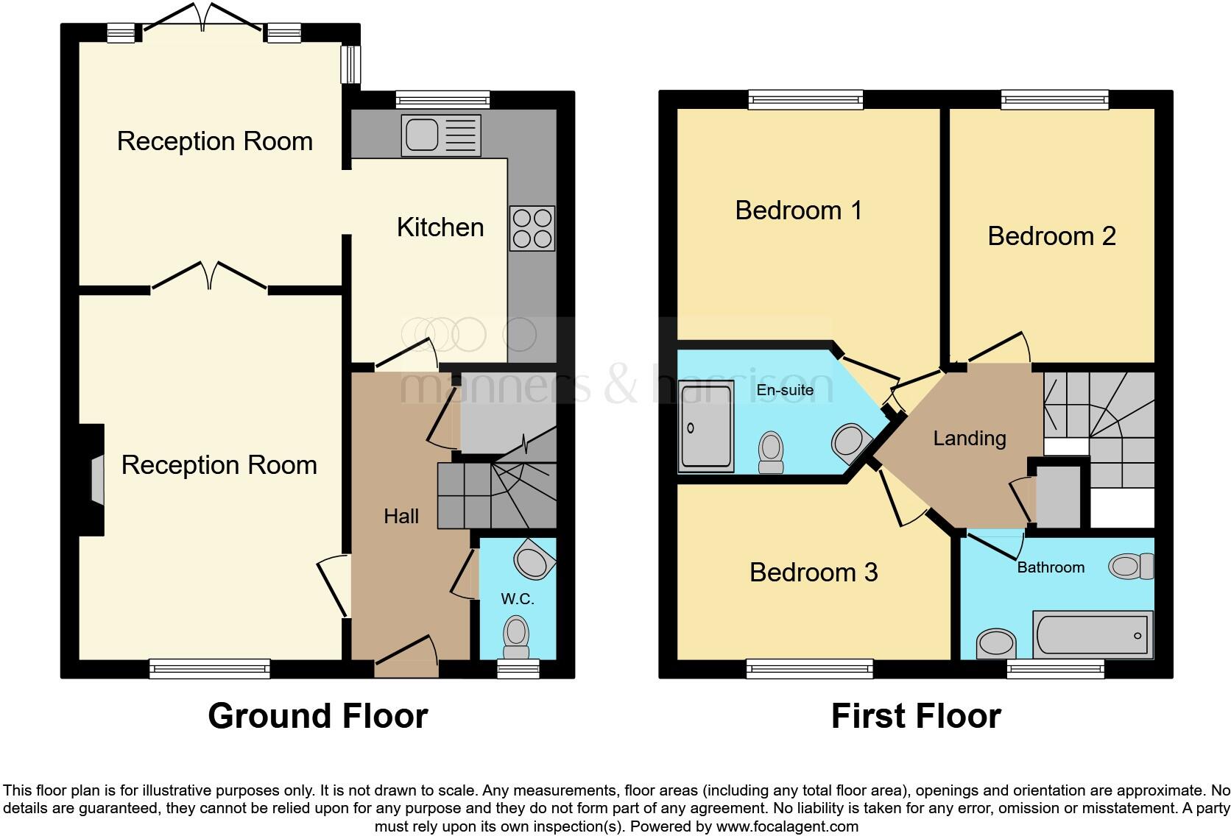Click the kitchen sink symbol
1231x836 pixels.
[440, 135]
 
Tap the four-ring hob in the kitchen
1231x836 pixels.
[532, 227]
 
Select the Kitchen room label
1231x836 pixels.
[440, 227]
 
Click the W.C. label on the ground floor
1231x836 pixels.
[518, 599]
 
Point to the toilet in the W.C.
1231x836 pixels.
[516, 637]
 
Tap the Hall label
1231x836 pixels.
[401, 516]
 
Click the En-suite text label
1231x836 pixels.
[785, 390]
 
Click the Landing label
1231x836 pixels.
[969, 439]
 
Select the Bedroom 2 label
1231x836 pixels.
[1051, 236]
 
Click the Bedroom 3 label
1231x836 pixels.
[813, 573]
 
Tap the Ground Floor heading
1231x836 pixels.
[317, 716]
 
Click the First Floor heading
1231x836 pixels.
[915, 716]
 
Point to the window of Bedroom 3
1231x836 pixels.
[809, 668]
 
